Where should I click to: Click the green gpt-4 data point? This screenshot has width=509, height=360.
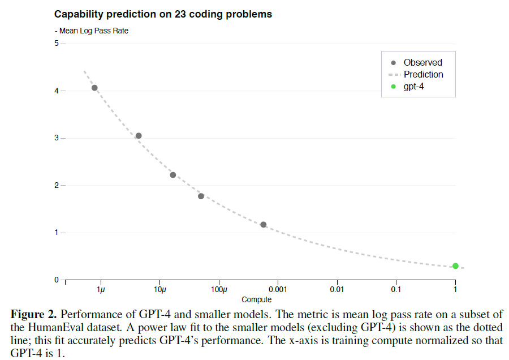coord(455,266)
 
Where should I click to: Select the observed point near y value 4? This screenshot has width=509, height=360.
coord(94,88)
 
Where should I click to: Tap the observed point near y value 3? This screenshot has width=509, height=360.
coord(139,136)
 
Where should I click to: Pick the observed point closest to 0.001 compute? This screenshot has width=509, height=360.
coord(263,225)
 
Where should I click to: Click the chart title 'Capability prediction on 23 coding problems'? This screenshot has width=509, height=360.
coord(163,14)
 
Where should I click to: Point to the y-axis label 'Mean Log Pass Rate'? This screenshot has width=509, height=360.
coord(93,31)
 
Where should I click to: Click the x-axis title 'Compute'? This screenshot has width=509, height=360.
coord(256,299)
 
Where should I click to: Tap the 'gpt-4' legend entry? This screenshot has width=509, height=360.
coord(414,87)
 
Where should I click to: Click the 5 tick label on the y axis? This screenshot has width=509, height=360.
coord(57,44)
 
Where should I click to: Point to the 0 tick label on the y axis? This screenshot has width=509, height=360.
coord(57,280)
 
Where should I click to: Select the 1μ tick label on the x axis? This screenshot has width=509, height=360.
coord(101,290)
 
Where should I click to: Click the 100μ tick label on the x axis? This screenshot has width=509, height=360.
coord(219,290)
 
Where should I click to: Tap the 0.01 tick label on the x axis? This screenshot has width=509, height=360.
coord(337,290)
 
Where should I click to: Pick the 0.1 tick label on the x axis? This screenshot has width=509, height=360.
coord(396,290)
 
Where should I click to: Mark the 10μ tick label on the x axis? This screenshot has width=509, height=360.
coord(160,290)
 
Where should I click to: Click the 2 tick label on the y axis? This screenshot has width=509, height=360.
coord(57,185)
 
